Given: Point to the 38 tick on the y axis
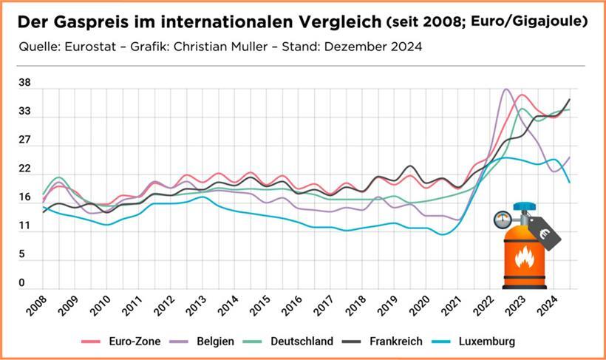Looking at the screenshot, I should pos(25,84).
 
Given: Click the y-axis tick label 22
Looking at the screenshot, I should pos(25,169).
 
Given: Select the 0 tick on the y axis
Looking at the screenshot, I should pos(22,282).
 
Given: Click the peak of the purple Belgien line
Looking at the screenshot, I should pos(506,90).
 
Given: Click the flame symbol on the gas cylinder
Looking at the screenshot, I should pos(524,257).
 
